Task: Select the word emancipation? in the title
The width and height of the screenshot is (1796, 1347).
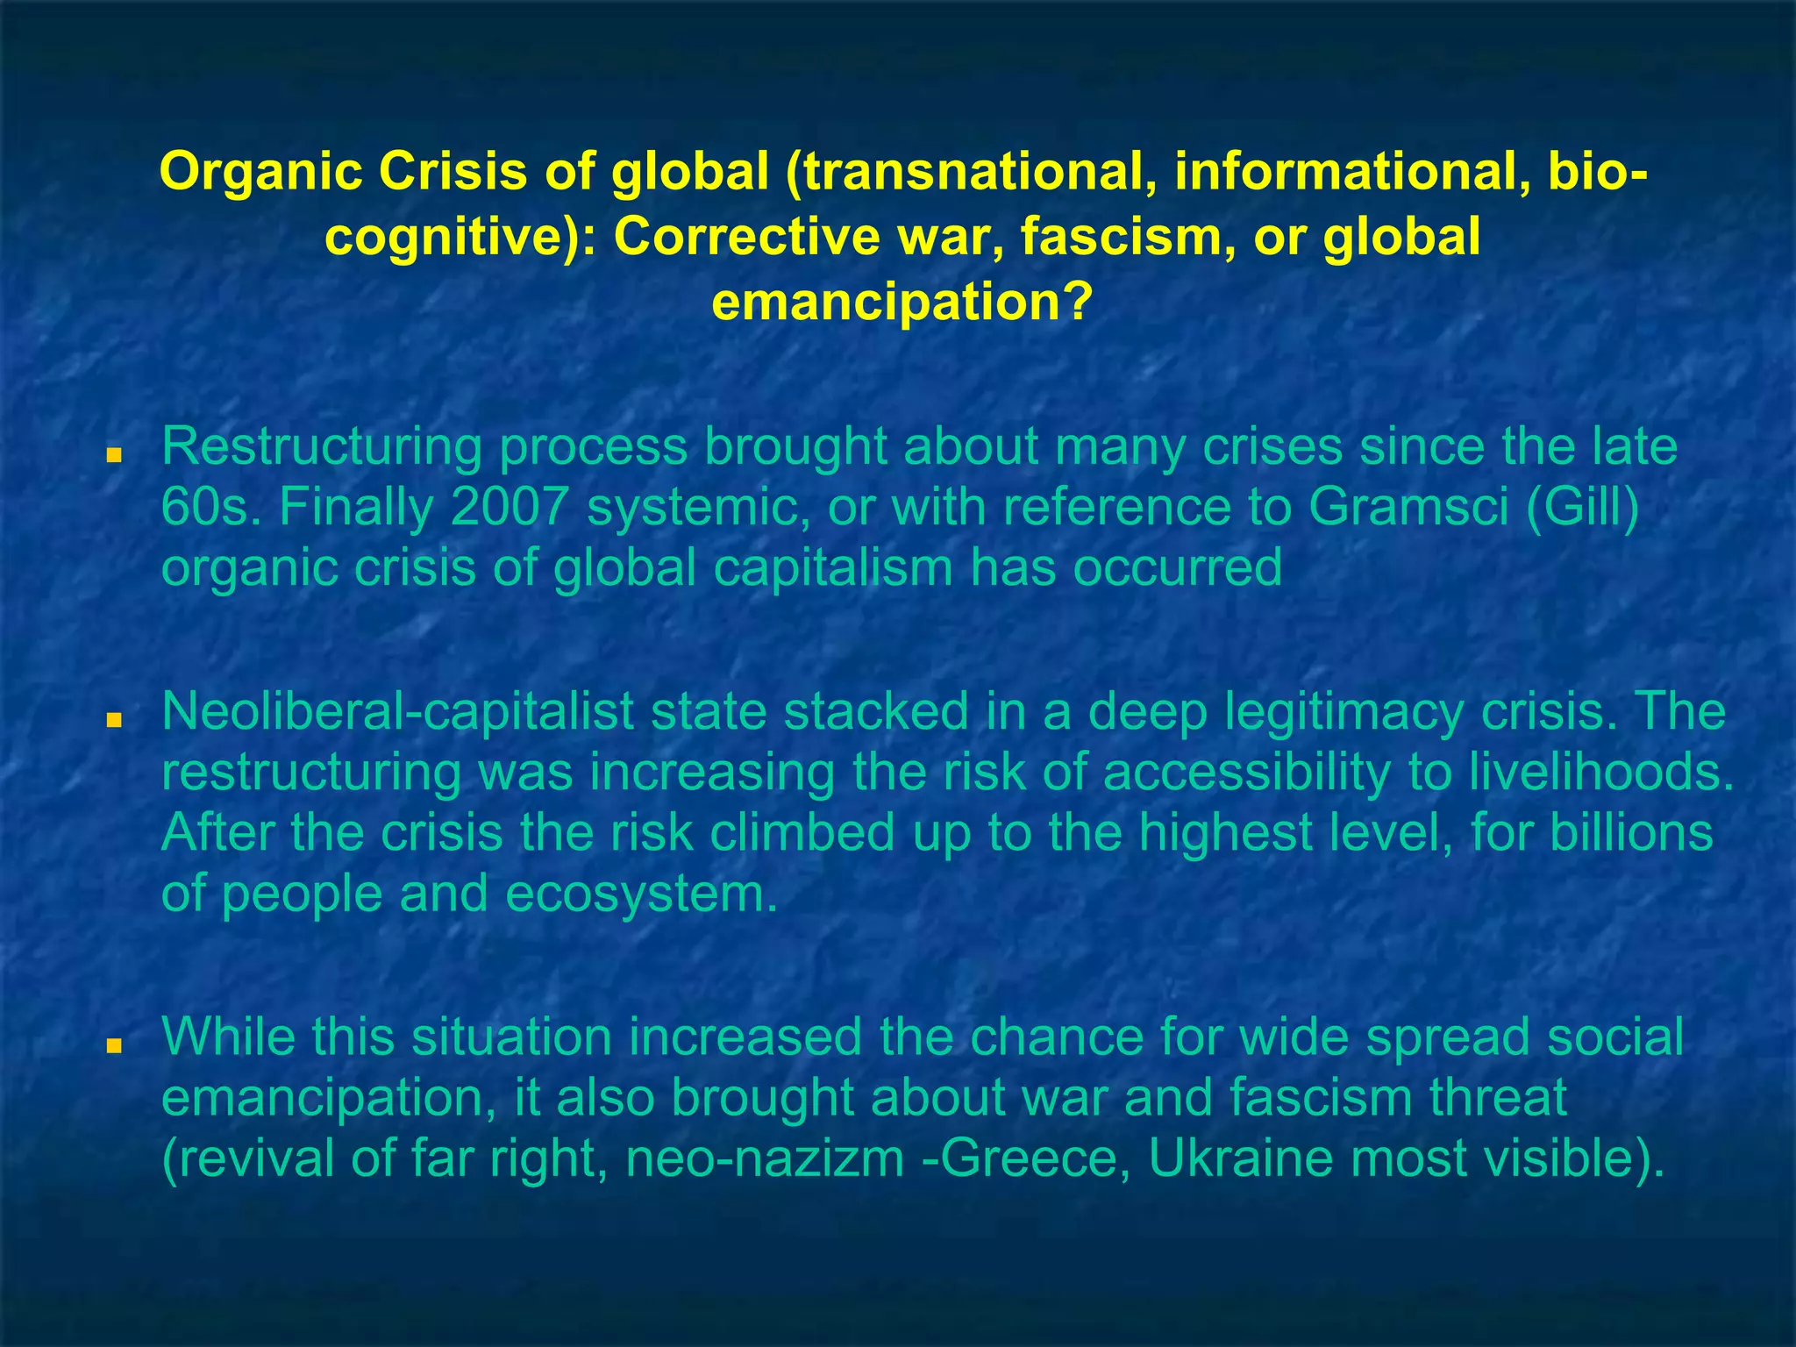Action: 902,302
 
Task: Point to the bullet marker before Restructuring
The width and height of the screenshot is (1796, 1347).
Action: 112,457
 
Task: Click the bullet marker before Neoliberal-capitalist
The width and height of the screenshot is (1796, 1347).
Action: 112,721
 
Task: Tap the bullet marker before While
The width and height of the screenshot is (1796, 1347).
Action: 112,1046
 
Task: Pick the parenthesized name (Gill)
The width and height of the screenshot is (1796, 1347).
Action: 1582,507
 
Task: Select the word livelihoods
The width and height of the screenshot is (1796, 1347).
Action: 1601,772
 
